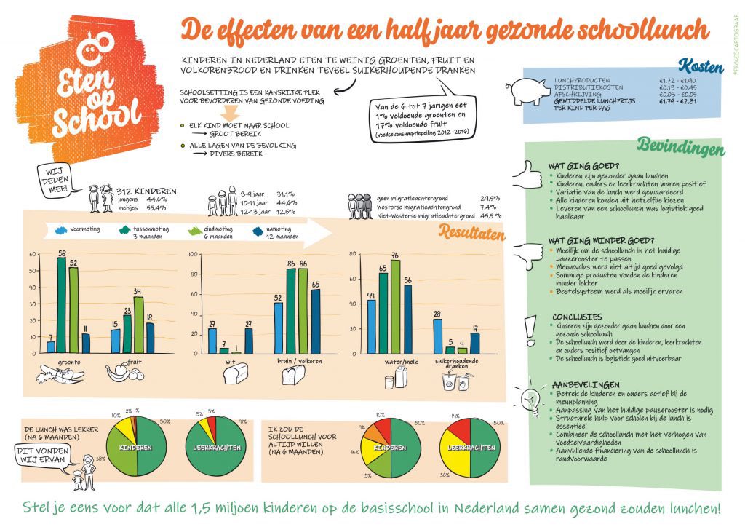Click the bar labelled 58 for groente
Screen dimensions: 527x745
(63, 306)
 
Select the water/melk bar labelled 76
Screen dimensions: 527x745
(395, 306)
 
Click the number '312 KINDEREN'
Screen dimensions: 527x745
(146, 191)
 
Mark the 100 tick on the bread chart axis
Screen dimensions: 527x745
(194, 254)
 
